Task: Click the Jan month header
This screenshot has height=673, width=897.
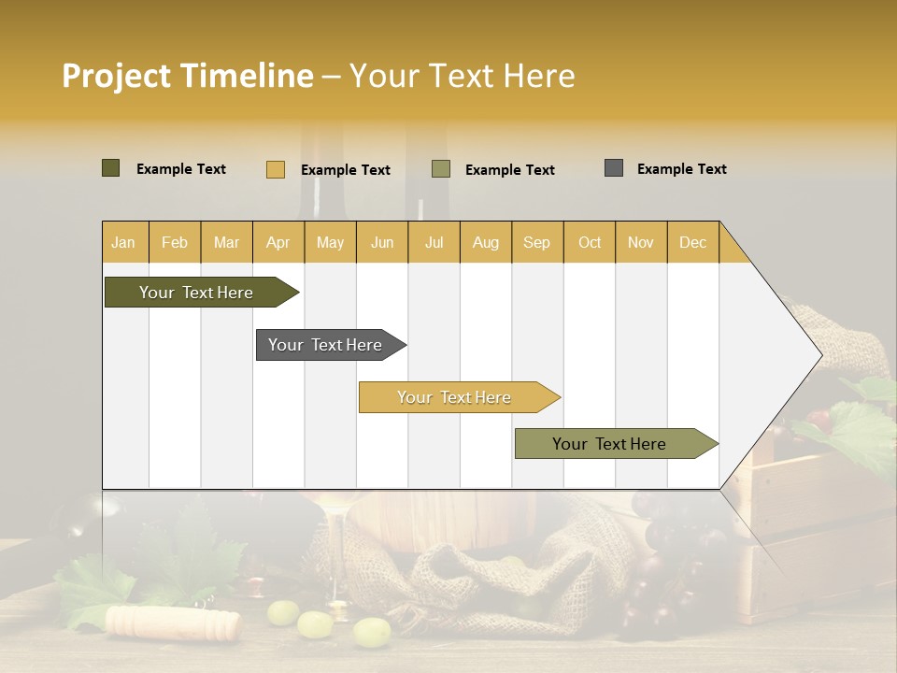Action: point(124,242)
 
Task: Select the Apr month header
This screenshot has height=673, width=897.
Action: point(278,242)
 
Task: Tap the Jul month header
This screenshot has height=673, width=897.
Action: point(434,242)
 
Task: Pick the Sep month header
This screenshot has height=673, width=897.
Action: point(537,242)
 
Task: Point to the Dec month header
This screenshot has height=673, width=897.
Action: point(692,242)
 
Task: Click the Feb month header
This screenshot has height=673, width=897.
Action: point(175,242)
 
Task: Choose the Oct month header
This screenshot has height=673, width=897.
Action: point(590,242)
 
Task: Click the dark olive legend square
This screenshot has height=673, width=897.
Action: point(111,168)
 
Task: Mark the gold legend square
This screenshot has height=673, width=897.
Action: point(276,169)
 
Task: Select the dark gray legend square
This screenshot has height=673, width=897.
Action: point(614,168)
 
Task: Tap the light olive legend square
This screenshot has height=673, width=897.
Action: point(441,169)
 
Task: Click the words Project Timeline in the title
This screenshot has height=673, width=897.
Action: point(188,76)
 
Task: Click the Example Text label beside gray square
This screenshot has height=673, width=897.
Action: point(681,169)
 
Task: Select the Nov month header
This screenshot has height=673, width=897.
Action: point(641,242)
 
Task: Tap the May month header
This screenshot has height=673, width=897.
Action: point(330,242)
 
